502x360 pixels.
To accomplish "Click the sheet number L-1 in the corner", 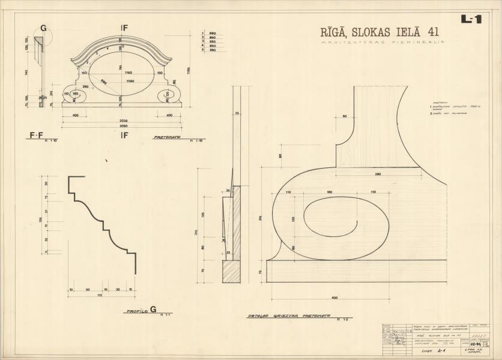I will [x=471, y=19].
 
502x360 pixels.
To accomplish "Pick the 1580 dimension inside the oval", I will [x=130, y=80].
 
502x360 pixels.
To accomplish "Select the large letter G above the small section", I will [x=43, y=29].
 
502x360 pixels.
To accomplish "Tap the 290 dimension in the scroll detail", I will [x=378, y=174].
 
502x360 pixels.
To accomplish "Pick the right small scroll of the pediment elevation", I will [x=169, y=95].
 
